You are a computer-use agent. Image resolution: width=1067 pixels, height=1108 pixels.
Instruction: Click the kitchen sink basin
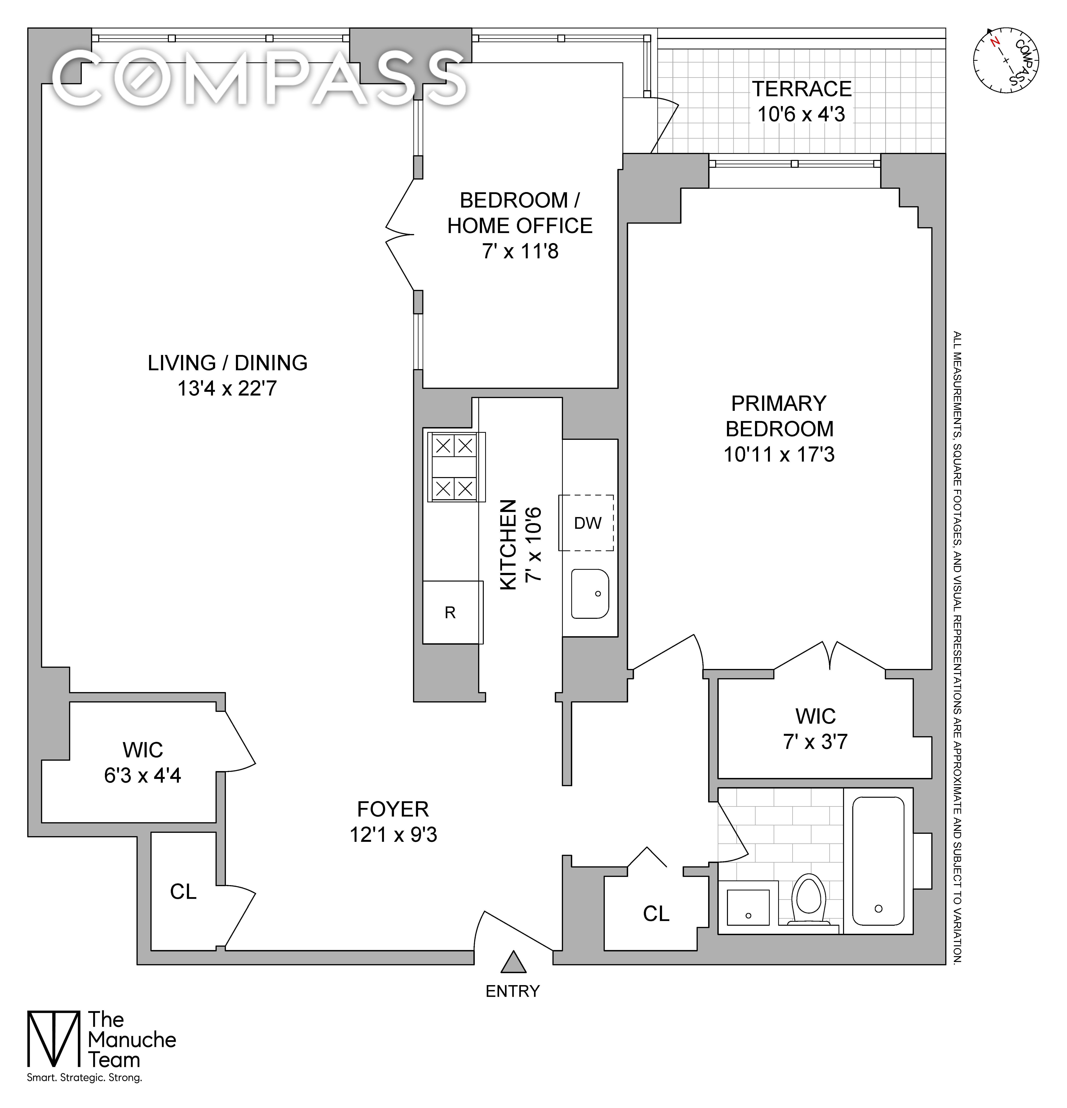pos(589,593)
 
